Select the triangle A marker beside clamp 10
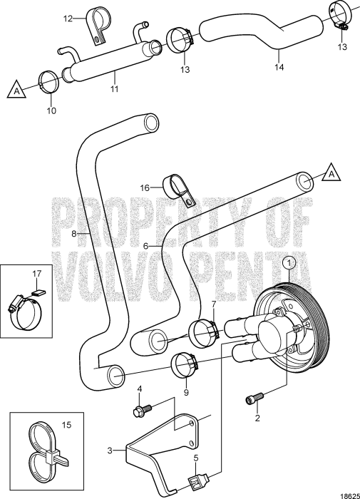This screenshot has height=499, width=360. coord(16,89)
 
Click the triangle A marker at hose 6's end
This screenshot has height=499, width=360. coord(331,172)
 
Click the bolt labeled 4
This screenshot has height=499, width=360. coord(142,409)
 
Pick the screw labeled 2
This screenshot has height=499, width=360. coord(254,398)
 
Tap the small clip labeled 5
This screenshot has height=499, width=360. coord(197,478)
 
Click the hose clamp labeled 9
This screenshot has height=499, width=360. coord(185,365)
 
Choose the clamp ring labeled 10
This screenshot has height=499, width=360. coord(48,83)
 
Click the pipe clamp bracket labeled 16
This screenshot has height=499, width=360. coord(179,190)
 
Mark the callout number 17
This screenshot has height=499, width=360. coord(37,274)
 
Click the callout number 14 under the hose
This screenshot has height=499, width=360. coord(279,67)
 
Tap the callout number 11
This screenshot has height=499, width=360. coord(114,88)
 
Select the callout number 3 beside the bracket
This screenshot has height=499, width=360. coord(110,451)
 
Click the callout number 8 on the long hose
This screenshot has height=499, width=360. coord(74,234)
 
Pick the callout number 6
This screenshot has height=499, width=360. coord(146,246)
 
